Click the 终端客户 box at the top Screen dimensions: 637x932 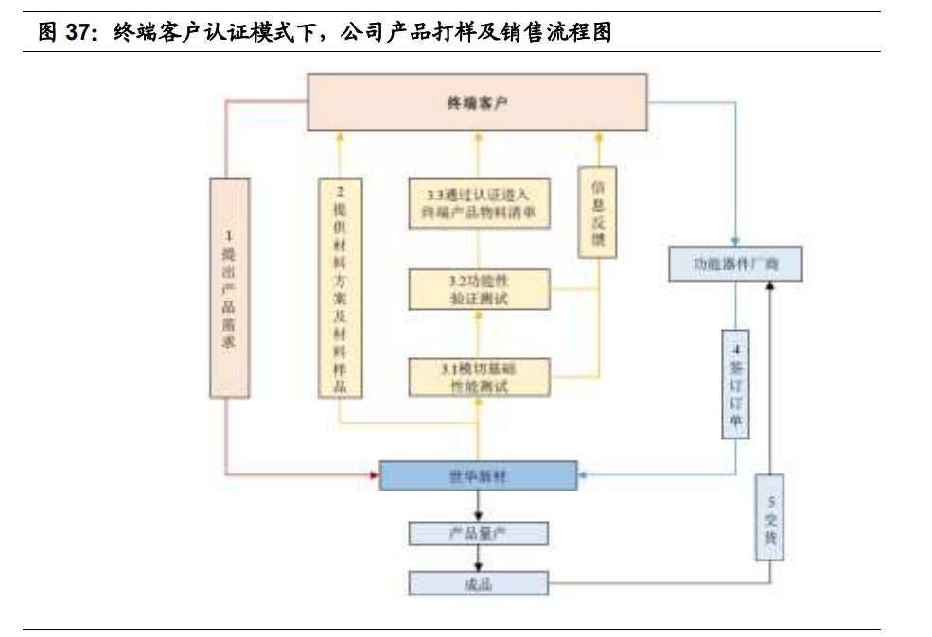(478, 102)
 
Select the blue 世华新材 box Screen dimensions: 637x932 (478, 475)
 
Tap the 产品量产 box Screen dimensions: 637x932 (478, 533)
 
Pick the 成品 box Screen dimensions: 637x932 (478, 583)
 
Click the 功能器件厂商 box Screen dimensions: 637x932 (735, 264)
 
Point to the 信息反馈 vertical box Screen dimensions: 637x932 (597, 213)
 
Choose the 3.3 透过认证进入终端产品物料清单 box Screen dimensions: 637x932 (479, 203)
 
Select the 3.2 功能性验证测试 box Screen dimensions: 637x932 (479, 289)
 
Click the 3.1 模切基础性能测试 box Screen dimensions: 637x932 (479, 377)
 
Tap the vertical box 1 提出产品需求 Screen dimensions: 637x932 (228, 287)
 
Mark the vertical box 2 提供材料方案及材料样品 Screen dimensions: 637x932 (341, 287)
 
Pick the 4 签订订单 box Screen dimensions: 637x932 (735, 384)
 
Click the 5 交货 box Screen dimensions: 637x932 (770, 517)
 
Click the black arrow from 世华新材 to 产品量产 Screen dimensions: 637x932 (478, 506)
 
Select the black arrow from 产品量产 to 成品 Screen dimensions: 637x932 (478, 559)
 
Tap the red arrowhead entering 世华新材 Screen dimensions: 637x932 (373, 474)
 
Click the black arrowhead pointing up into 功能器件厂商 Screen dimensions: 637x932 (770, 285)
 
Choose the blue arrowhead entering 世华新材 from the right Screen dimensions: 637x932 (583, 474)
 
